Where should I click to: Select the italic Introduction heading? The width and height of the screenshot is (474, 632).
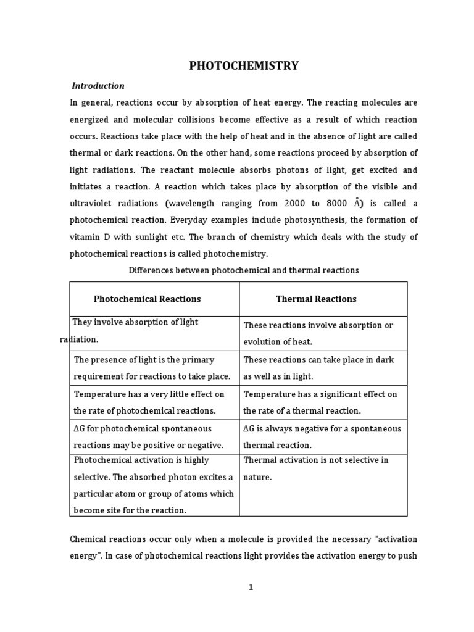pyautogui.click(x=98, y=86)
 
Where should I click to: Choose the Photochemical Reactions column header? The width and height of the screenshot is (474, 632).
pyautogui.click(x=148, y=299)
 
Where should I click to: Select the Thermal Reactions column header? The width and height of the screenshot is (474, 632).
pyautogui.click(x=316, y=299)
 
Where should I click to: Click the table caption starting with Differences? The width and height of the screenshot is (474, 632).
pyautogui.click(x=243, y=270)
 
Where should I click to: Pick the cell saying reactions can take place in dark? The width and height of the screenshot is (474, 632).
pyautogui.click(x=318, y=367)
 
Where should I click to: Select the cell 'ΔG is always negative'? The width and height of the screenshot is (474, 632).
pyautogui.click(x=322, y=436)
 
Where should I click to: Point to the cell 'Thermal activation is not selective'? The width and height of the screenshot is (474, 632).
pyautogui.click(x=315, y=468)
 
